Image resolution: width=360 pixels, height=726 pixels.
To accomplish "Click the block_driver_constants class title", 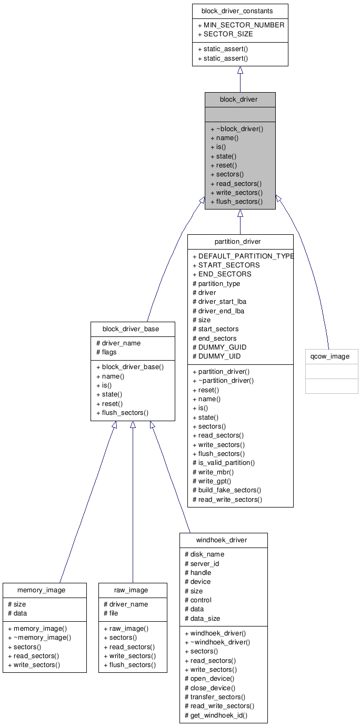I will pyautogui.click(x=239, y=11).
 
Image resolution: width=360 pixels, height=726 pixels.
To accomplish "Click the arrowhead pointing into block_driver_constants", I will pyautogui.click(x=240, y=70).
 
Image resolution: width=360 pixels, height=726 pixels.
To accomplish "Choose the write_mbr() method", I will pyautogui.click(x=215, y=472).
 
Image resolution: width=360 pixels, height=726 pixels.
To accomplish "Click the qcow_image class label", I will pyautogui.click(x=332, y=356).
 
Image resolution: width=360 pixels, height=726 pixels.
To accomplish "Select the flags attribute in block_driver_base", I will pyautogui.click(x=109, y=352).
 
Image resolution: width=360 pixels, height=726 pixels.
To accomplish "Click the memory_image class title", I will pyautogui.click(x=41, y=590).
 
